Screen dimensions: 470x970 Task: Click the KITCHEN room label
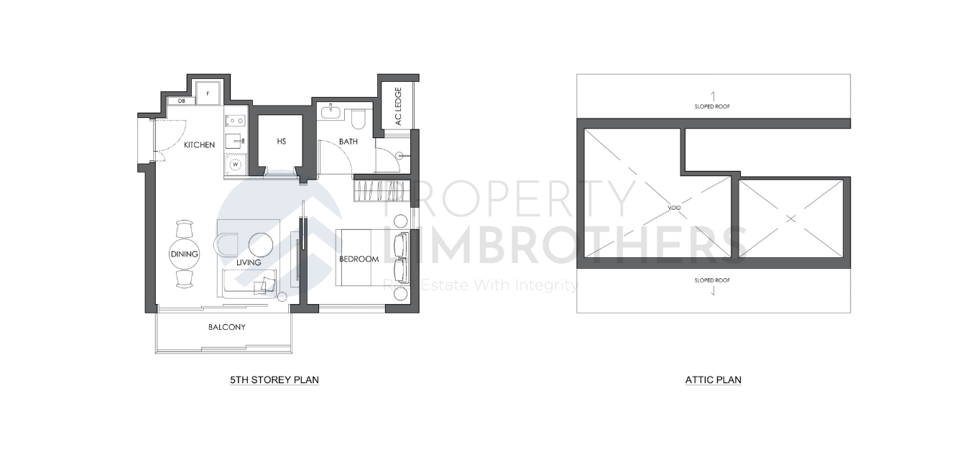[199, 145]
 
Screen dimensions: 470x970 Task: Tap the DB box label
[172, 101]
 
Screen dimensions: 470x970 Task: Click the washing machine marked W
[234, 165]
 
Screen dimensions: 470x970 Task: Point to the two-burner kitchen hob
[235, 121]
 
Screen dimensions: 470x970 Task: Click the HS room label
[281, 142]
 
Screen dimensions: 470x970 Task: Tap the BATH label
[348, 142]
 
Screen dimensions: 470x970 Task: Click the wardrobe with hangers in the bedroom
[379, 192]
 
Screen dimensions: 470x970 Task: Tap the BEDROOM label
[359, 259]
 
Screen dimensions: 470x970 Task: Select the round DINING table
[184, 254]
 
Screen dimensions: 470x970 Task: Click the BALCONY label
[226, 327]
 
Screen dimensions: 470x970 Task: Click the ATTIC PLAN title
[713, 379]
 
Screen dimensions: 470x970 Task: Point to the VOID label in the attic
[673, 208]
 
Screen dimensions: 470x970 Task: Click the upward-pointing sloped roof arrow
[712, 95]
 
